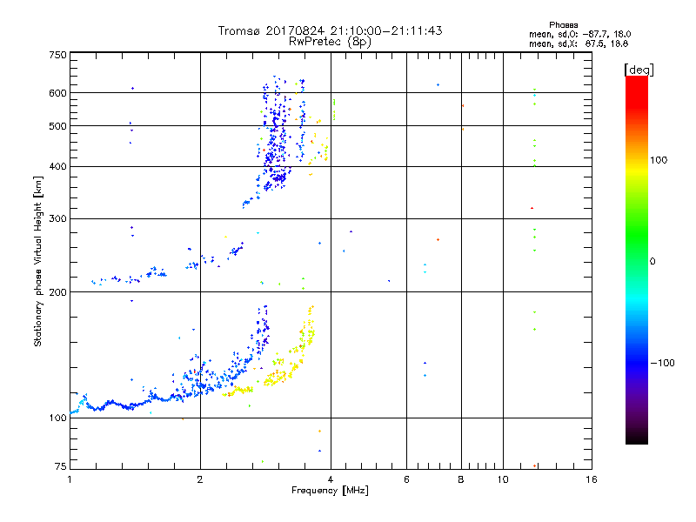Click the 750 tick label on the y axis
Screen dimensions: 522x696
pos(57,55)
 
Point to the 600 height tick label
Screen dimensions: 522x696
pos(57,93)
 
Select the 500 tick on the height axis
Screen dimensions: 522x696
pos(57,126)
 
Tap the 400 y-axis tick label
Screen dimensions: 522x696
pos(57,166)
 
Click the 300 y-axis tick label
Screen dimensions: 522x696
pos(57,218)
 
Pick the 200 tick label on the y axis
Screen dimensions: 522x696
pos(57,292)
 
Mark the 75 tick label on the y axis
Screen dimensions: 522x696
pos(59,468)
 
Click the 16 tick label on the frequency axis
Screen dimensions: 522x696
pos(590,479)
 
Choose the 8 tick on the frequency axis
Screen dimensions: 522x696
pos(462,479)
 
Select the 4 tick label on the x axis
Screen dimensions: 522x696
pos(331,479)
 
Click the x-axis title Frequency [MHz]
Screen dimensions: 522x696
pos(330,492)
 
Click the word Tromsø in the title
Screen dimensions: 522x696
pos(243,30)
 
